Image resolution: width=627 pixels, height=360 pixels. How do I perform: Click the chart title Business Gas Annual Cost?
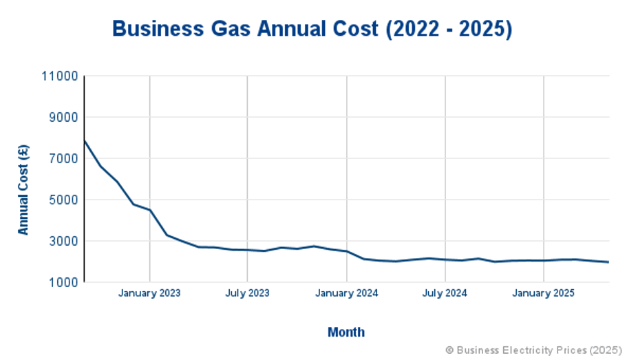pos(312,29)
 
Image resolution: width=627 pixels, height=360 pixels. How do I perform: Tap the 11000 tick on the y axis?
pos(60,76)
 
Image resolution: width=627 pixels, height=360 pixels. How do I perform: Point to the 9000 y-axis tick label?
pos(63,118)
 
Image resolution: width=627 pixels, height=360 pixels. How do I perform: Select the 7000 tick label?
pos(63,159)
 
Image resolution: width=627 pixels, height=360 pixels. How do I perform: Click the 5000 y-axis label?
pos(63,200)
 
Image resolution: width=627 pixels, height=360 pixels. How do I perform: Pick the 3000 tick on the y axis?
pos(63,242)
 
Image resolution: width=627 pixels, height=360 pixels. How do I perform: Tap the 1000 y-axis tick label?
pos(63,282)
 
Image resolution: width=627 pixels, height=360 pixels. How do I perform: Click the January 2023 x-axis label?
pos(149,293)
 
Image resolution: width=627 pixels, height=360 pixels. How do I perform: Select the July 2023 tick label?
pos(247,293)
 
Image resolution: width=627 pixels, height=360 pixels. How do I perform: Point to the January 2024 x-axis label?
pos(347,293)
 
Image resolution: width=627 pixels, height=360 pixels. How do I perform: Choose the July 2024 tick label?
pos(445,293)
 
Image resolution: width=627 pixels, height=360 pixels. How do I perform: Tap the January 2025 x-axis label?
pos(544,293)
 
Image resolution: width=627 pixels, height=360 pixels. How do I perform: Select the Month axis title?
pos(346,332)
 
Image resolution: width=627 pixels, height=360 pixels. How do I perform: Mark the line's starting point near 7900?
pos(84,140)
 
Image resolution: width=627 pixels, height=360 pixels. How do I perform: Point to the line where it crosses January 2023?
pos(149,210)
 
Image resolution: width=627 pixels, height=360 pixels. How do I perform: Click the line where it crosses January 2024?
pos(347,251)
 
